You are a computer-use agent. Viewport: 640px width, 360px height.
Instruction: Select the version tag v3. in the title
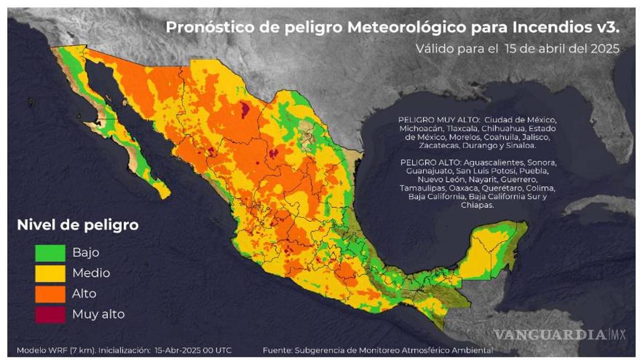click(607, 27)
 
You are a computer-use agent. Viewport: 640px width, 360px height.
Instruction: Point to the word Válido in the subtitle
click(433, 48)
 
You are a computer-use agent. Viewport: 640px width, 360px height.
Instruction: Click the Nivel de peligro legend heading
click(78, 225)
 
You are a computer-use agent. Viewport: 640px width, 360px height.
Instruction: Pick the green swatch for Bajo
click(50, 252)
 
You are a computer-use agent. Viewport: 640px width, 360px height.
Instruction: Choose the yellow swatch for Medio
click(50, 273)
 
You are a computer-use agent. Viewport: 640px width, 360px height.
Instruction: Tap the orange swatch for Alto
click(50, 293)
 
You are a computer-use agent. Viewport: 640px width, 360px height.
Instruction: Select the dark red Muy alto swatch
click(50, 314)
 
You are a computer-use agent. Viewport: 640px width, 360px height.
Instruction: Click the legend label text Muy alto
click(98, 314)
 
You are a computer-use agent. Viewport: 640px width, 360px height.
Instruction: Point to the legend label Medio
click(91, 273)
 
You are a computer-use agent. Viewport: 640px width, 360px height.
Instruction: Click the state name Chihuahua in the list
click(500, 128)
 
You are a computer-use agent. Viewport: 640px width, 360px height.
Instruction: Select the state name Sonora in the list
click(542, 162)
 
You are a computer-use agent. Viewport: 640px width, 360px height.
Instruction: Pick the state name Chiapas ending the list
click(477, 205)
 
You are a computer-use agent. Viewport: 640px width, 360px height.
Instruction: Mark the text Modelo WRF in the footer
click(39, 351)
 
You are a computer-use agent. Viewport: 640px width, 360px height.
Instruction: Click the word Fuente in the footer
click(277, 351)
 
